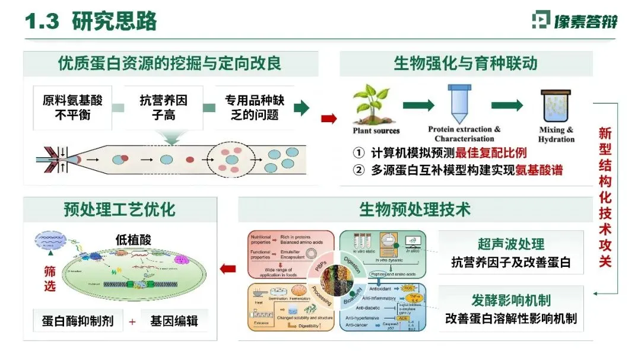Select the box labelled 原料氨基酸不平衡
tap(72, 107)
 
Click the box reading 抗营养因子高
tap(164, 107)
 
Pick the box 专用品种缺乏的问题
tap(255, 107)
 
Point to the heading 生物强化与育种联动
tap(466, 63)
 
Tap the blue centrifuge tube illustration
tap(460, 103)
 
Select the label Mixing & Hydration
tap(556, 135)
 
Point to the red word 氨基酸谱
tap(540, 171)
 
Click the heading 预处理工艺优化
tap(120, 209)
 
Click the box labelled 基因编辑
tap(174, 321)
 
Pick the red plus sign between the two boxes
tap(132, 322)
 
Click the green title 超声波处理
tap(511, 244)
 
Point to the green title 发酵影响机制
tap(511, 300)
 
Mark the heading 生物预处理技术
tap(415, 209)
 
